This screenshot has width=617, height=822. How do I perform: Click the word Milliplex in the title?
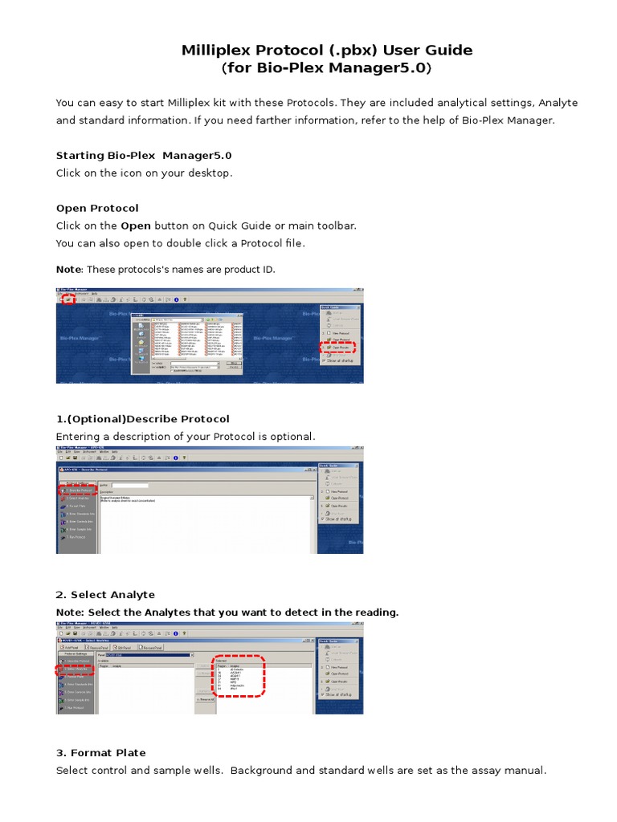[x=218, y=51]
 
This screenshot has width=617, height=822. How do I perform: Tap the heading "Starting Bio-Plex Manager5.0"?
[x=144, y=155]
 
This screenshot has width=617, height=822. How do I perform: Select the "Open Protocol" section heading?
[x=97, y=208]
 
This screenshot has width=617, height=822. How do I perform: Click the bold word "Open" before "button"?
[x=136, y=226]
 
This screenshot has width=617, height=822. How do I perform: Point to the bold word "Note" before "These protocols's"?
[x=68, y=269]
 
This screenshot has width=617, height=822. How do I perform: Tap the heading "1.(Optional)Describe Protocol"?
[x=142, y=418]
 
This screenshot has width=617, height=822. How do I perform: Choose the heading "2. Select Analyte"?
[x=105, y=594]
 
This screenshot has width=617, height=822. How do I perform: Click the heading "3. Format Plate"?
[x=101, y=752]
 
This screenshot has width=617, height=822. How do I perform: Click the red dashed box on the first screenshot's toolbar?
[x=69, y=299]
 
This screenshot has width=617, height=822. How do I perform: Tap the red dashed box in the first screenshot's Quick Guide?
[x=337, y=347]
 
